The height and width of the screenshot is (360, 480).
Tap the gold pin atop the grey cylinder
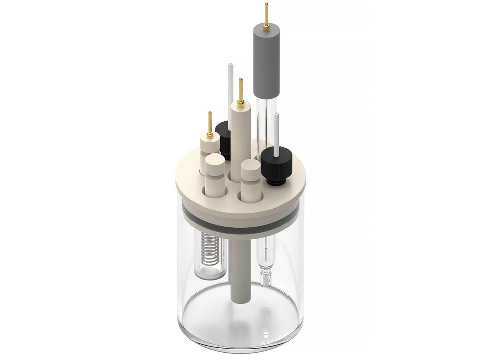coord(266,13)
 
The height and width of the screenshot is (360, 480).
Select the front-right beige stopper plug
coord(250,179)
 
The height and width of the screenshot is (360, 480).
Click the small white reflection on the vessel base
coord(266,332)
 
